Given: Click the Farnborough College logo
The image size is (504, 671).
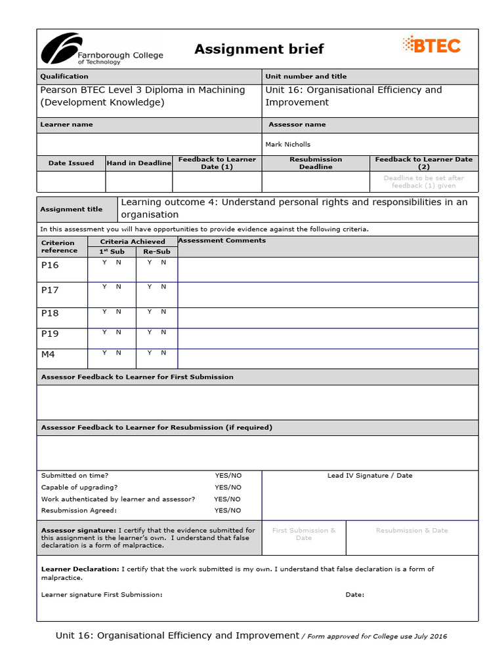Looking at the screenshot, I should (x=102, y=50).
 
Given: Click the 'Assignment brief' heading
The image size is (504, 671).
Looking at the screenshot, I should (x=259, y=49).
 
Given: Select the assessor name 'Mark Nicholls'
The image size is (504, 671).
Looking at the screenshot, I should (x=287, y=144).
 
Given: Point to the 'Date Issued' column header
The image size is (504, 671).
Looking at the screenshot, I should (x=71, y=163).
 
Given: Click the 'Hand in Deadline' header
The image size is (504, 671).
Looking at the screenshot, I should (x=138, y=163).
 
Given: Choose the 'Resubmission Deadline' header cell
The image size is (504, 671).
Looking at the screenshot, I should (x=316, y=163).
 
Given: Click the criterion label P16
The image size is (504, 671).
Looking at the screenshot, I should (x=50, y=265).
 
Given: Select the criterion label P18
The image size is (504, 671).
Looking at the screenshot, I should (x=50, y=313).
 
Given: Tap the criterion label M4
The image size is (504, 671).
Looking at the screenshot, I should (x=49, y=355).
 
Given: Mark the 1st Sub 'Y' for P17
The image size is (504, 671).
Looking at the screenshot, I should (x=104, y=286).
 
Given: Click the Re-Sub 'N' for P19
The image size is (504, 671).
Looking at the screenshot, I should (x=163, y=332).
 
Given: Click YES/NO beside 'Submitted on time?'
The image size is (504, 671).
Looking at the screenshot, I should (x=228, y=476).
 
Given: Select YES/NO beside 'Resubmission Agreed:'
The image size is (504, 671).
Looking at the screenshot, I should (x=228, y=510).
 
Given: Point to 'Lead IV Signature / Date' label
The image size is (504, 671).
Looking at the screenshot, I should (x=369, y=476).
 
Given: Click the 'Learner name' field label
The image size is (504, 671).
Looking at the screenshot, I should (x=66, y=125).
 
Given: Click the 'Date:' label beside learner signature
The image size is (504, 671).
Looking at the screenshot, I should (x=354, y=595).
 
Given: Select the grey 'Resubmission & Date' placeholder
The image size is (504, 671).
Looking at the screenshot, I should (x=411, y=531).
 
